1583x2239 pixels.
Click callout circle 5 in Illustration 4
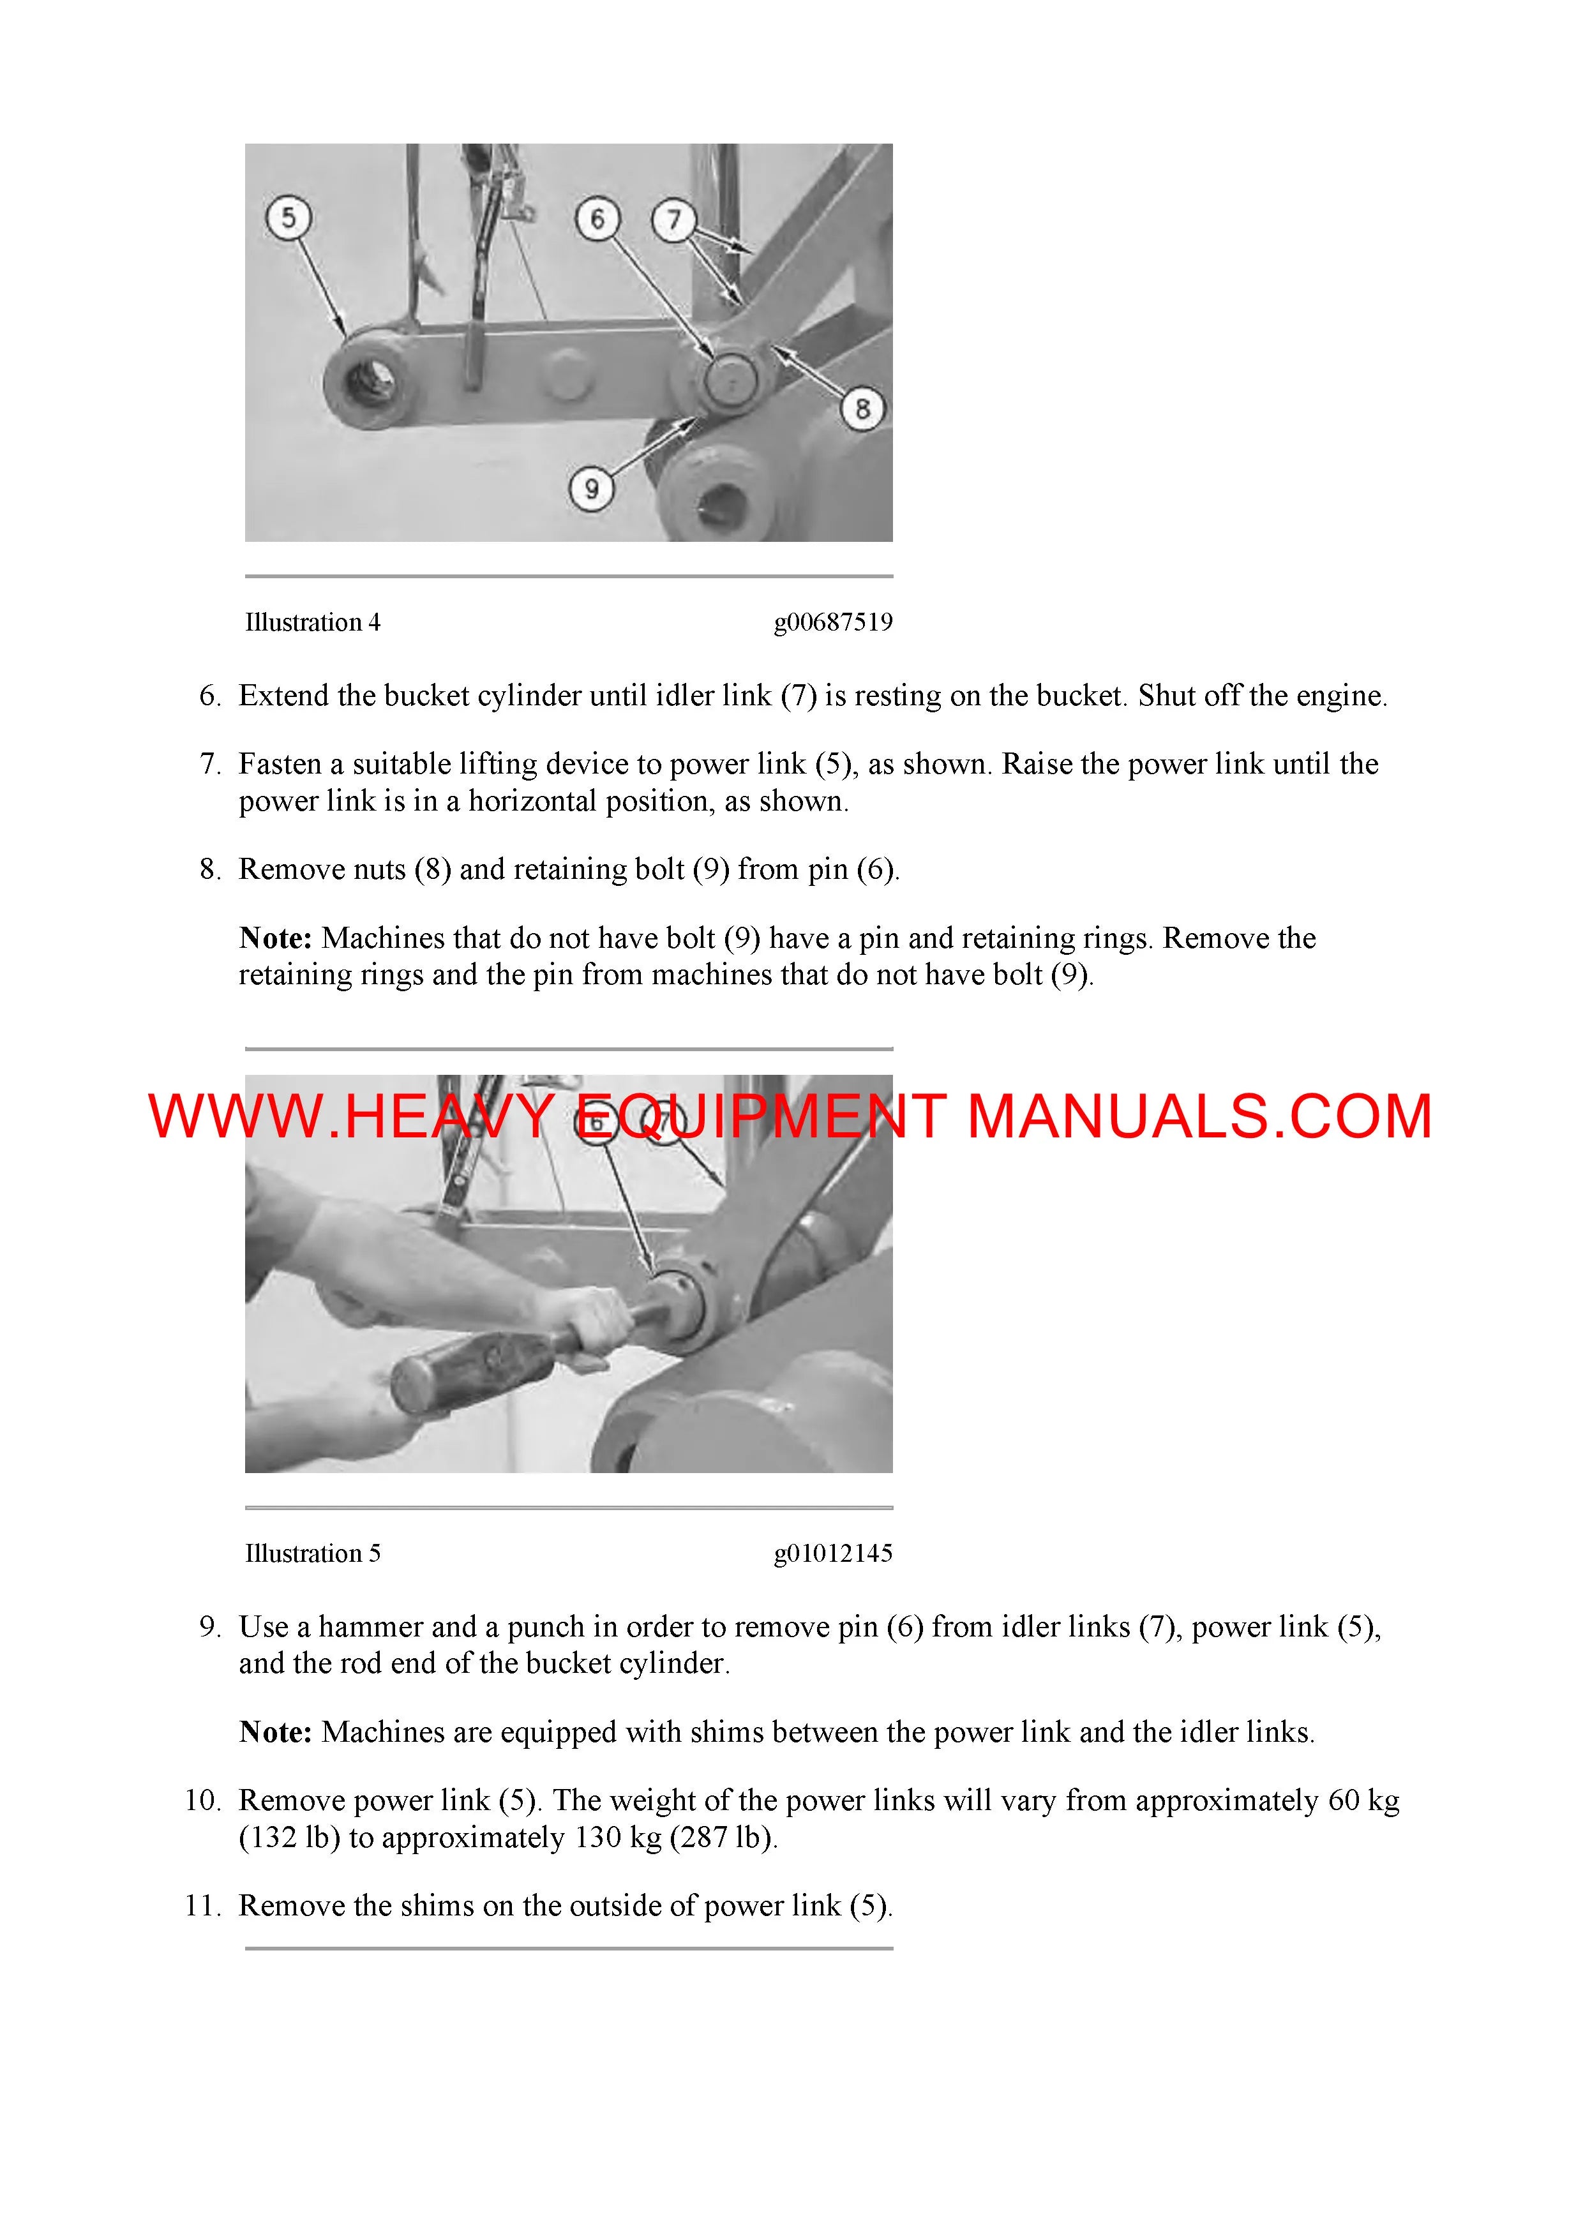click(x=288, y=218)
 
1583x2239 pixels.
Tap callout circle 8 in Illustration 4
click(x=862, y=408)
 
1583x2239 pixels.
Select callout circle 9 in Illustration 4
click(x=591, y=488)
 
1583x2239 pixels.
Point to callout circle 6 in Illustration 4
click(x=597, y=218)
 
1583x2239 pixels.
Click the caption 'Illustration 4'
click(x=312, y=622)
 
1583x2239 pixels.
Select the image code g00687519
click(x=833, y=622)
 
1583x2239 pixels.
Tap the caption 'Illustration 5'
click(x=312, y=1554)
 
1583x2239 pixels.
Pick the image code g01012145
click(x=833, y=1554)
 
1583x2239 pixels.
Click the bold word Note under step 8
click(x=275, y=938)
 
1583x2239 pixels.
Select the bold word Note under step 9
click(x=275, y=1732)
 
